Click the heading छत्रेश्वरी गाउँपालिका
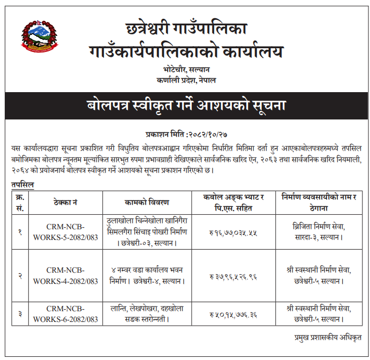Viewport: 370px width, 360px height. click(186, 28)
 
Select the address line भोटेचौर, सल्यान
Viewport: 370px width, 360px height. click(186, 69)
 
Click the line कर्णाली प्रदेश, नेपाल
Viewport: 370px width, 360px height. click(186, 80)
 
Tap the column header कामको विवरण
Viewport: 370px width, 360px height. click(147, 202)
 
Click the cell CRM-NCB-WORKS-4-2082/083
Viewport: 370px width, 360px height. click(66, 276)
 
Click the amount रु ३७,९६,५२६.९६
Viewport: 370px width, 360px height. click(231, 276)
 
